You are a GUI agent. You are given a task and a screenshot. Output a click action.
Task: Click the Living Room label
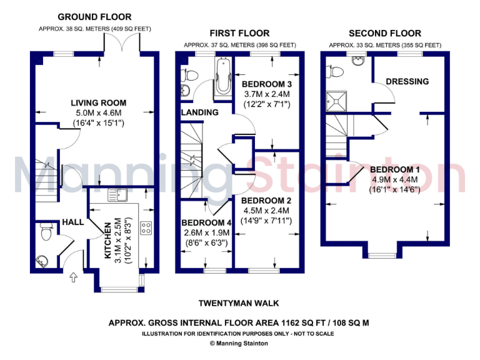coord(98,102)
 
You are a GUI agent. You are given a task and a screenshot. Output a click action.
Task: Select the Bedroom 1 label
coord(395,169)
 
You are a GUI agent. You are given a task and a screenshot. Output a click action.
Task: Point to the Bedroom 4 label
coord(206,222)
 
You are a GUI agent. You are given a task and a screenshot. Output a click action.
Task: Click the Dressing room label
coord(407,81)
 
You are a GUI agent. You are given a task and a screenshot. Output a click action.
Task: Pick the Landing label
coord(200,112)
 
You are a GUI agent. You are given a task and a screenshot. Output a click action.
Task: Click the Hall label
coord(72,222)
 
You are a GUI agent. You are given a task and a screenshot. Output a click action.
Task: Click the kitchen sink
coord(116,194)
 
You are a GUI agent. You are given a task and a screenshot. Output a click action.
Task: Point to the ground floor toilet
coord(46,232)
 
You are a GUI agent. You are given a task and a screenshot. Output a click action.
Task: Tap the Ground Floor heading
coord(94,17)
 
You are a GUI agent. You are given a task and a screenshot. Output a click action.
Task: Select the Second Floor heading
coord(385,33)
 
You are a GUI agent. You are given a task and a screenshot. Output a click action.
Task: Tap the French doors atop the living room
coord(122,44)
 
